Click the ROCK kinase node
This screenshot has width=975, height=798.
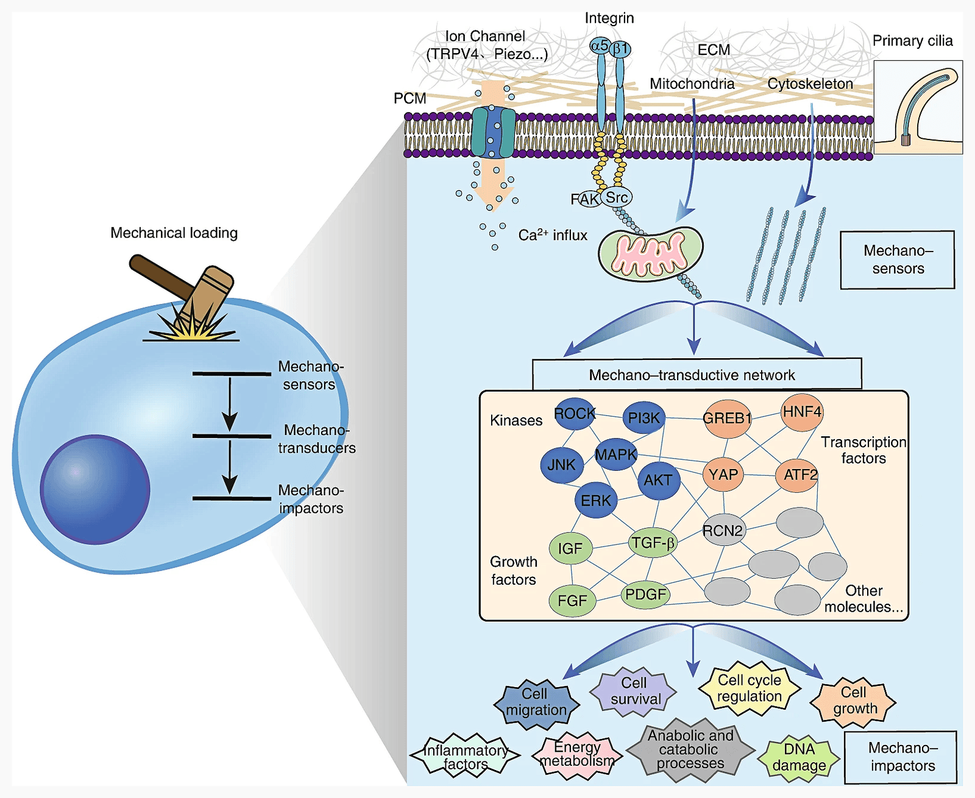pyautogui.click(x=574, y=414)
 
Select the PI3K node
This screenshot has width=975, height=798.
pyautogui.click(x=643, y=418)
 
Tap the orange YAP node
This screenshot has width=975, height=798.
pyautogui.click(x=723, y=475)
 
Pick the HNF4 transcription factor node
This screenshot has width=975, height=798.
pyautogui.click(x=802, y=412)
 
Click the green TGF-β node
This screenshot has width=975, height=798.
pyautogui.click(x=653, y=543)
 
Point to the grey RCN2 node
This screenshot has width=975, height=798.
pyautogui.click(x=723, y=531)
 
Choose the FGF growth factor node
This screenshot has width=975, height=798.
pyautogui.click(x=572, y=601)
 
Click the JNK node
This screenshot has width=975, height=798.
pyautogui.click(x=561, y=465)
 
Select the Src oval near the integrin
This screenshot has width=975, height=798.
pyautogui.click(x=616, y=197)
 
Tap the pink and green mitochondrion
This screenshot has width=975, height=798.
pyautogui.click(x=651, y=253)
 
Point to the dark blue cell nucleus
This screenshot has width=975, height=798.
pyautogui.click(x=95, y=489)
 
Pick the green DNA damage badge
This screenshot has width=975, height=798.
pyautogui.click(x=799, y=757)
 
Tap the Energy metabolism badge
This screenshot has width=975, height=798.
pyautogui.click(x=577, y=755)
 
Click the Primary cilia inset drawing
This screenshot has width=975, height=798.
pyautogui.click(x=918, y=107)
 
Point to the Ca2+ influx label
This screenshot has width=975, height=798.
pyautogui.click(x=552, y=235)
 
